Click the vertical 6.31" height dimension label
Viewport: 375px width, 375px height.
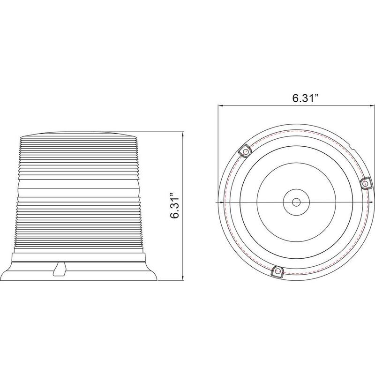click(x=174, y=204)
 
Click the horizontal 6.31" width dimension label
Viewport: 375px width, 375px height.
click(x=306, y=98)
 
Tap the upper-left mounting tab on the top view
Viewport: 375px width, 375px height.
click(x=245, y=151)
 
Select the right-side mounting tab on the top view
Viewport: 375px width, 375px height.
click(x=365, y=183)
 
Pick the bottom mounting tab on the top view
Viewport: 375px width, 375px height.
click(x=277, y=271)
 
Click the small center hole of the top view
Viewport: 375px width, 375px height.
click(x=296, y=202)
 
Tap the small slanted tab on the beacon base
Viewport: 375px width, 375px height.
click(x=60, y=269)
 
